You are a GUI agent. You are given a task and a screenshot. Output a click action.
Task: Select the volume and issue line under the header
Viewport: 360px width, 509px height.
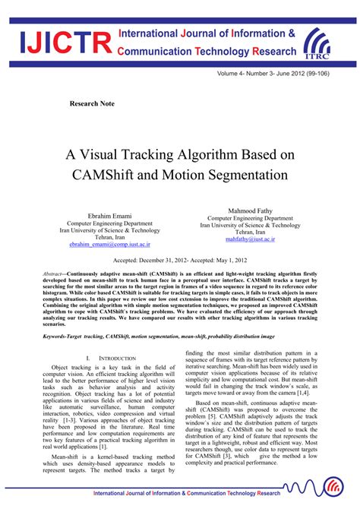282,76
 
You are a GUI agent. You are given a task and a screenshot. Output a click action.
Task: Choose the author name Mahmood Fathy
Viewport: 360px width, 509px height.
250,210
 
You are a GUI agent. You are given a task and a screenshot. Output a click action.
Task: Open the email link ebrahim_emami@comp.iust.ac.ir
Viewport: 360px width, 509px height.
109,245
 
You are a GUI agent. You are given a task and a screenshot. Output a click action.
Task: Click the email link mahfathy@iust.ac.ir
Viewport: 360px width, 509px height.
250,239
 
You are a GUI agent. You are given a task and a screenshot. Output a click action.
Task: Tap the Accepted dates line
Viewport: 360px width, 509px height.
180,259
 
